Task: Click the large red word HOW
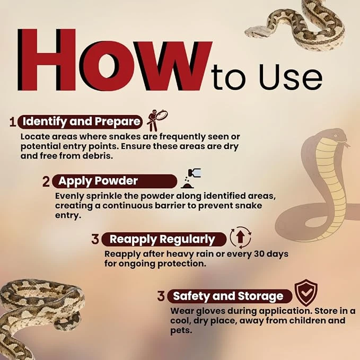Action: click(x=115, y=60)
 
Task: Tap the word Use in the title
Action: click(x=291, y=77)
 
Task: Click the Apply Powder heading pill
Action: click(x=115, y=181)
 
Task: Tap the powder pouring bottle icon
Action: click(x=191, y=178)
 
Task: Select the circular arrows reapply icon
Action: click(x=240, y=238)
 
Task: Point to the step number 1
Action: click(x=13, y=122)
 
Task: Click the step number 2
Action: click(x=46, y=181)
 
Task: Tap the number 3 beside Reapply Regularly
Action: click(x=95, y=239)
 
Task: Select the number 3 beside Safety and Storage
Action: click(x=161, y=296)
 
